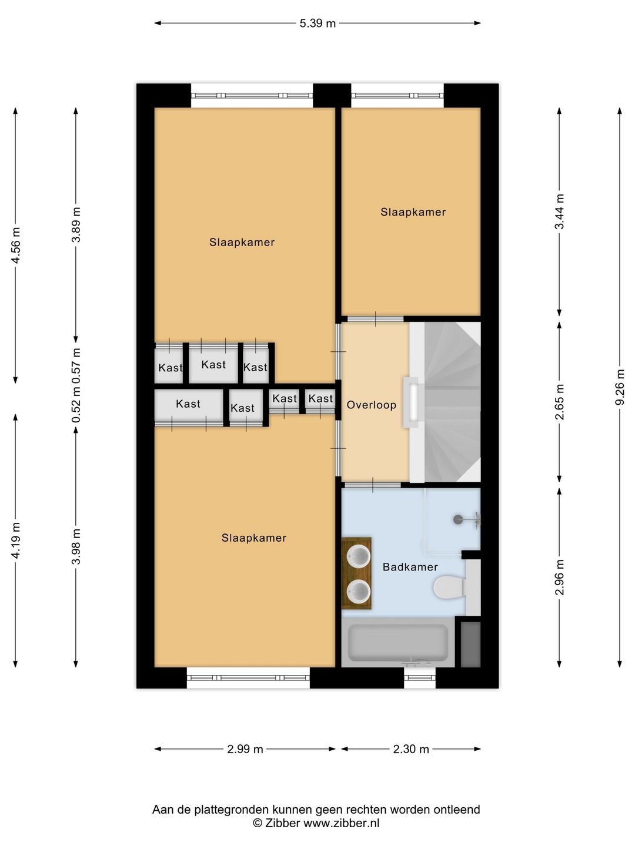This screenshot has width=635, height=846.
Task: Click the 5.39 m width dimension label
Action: click(x=317, y=23)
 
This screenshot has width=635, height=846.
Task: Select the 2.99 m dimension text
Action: click(x=245, y=749)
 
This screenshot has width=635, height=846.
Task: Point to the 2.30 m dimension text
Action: click(x=410, y=749)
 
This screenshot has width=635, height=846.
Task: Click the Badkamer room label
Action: click(x=410, y=566)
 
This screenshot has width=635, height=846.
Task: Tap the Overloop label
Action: click(x=371, y=405)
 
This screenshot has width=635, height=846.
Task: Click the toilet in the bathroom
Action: click(x=450, y=587)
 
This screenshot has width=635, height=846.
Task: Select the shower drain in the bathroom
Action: click(x=458, y=519)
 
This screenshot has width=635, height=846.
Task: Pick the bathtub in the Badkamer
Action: click(x=398, y=643)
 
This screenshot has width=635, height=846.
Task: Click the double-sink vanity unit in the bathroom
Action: click(x=357, y=573)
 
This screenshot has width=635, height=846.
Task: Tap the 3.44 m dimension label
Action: click(x=559, y=211)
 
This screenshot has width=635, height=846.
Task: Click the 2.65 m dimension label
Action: click(x=559, y=402)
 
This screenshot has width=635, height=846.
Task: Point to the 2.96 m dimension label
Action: click(x=559, y=577)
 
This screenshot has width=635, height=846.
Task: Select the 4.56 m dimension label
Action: click(x=15, y=246)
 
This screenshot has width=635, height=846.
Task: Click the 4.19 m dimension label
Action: click(x=15, y=540)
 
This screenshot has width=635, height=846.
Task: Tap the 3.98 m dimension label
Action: click(x=76, y=546)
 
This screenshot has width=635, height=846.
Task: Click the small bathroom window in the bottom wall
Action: click(x=420, y=678)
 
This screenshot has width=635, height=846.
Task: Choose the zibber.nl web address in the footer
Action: click(x=342, y=823)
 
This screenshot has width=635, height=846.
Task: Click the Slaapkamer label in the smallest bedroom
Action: click(x=413, y=212)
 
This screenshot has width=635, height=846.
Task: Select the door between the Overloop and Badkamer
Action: click(x=372, y=485)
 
